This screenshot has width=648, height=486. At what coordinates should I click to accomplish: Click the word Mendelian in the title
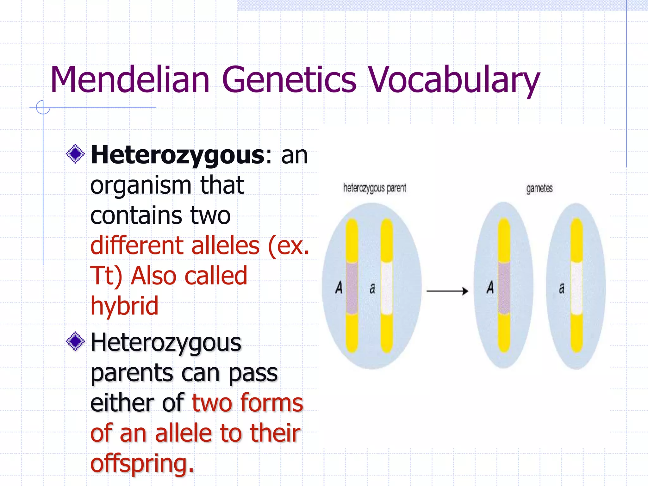tap(130, 80)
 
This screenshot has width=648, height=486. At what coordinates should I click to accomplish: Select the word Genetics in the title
tap(289, 80)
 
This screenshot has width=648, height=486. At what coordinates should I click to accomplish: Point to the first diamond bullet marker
tap(75, 154)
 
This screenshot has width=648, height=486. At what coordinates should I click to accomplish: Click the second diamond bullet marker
tap(75, 341)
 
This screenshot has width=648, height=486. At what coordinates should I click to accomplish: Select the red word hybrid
tap(124, 306)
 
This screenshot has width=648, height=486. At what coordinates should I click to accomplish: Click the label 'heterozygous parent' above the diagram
tap(375, 188)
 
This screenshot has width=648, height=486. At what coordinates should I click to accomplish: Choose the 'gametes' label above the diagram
tap(539, 189)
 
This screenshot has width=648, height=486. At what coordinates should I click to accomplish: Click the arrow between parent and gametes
tap(447, 291)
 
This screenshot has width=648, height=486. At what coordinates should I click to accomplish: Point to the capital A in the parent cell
tap(339, 288)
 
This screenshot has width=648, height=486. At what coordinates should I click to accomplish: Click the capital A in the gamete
tap(490, 287)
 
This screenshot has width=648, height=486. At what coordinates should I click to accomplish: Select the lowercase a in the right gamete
tap(562, 288)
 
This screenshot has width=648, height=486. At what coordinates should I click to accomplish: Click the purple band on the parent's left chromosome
tap(352, 288)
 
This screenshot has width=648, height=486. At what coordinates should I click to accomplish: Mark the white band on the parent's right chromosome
tap(387, 288)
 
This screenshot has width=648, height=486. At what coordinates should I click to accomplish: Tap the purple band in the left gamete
tap(504, 288)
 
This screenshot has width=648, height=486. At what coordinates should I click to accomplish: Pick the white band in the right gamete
tap(577, 288)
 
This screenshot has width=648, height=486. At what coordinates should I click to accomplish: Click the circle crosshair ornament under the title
tap(43, 107)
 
